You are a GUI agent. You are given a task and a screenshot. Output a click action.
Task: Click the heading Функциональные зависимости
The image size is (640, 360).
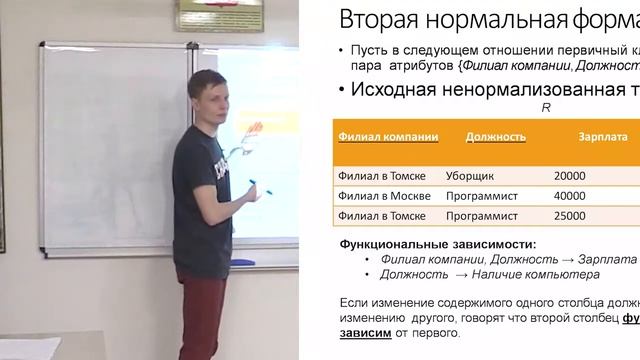coord(439,245)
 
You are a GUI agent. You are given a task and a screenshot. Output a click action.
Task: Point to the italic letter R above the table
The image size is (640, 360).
coord(545,105)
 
